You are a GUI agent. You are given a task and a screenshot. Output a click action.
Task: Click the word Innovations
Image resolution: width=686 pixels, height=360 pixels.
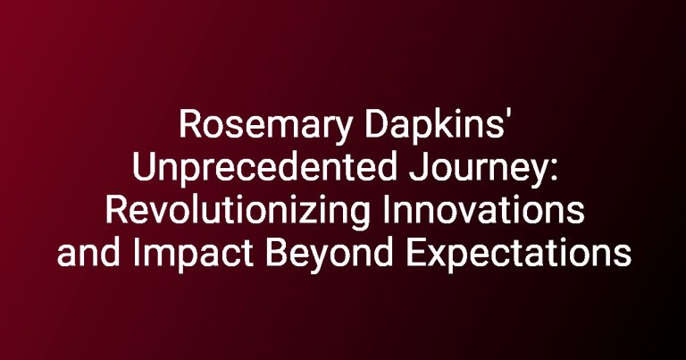tap(483, 210)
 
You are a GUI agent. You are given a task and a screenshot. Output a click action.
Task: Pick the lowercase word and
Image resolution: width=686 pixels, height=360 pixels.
tap(88, 253)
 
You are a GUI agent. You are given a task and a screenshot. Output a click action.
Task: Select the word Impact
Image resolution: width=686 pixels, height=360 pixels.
tap(193, 255)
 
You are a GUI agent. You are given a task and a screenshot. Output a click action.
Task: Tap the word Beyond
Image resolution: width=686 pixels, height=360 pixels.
tap(329, 255)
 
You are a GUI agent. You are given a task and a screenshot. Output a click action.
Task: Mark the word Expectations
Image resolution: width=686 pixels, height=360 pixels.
tap(518, 255)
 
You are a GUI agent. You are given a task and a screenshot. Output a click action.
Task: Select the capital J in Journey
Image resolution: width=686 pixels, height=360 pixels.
tap(418, 167)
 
